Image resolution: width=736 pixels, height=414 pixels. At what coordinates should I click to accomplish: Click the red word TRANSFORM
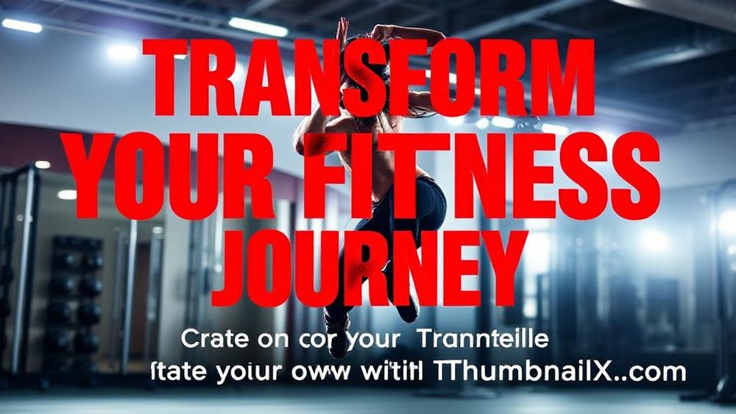368,77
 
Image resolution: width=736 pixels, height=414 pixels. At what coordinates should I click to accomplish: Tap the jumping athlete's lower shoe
337,324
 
